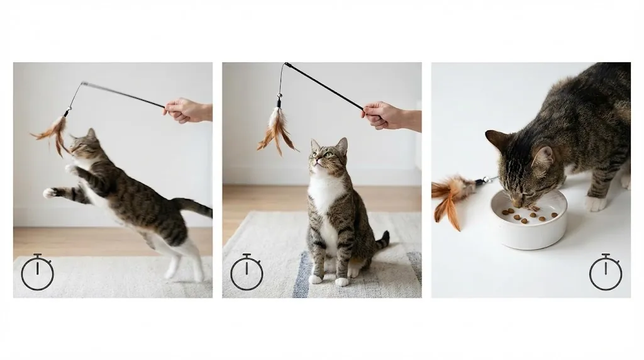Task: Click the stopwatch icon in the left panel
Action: pos(38,273)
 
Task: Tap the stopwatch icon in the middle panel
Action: pos(247,273)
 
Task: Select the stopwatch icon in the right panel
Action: pos(606,273)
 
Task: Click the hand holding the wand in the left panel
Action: pos(186,110)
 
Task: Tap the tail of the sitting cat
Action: pos(380,241)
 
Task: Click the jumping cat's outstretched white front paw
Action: pos(50,193)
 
